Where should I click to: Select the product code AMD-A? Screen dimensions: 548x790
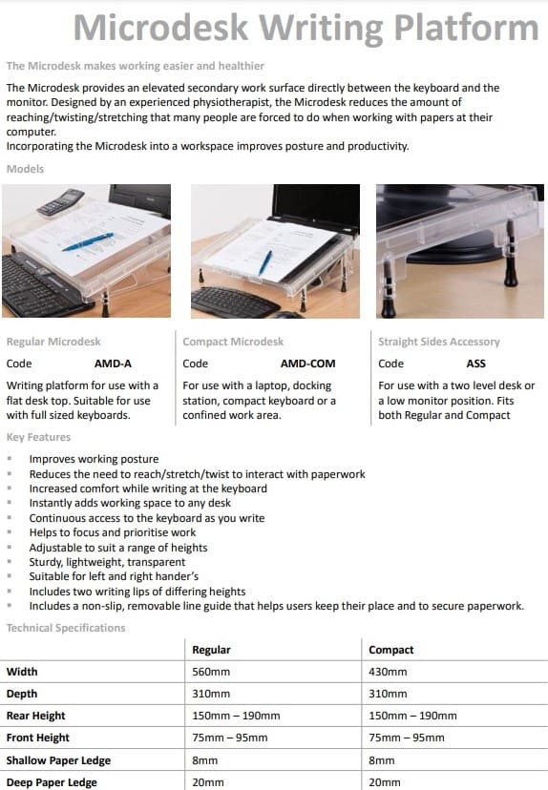(x=113, y=364)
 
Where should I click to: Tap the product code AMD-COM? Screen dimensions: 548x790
(x=307, y=364)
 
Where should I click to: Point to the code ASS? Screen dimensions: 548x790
(x=475, y=364)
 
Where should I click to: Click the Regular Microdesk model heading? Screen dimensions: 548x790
(x=53, y=342)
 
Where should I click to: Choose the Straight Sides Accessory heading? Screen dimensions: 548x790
(x=438, y=342)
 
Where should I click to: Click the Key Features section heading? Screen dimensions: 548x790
(x=38, y=437)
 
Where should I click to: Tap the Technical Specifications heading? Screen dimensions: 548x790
(x=66, y=628)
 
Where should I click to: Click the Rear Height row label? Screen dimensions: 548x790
(x=36, y=716)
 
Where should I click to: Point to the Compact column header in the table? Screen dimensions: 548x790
(x=390, y=650)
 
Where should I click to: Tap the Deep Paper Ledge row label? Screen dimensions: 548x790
(x=52, y=782)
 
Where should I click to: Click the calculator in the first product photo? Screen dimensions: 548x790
(x=61, y=202)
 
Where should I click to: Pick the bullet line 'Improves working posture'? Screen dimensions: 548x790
(x=94, y=459)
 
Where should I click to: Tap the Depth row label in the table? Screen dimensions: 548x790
(x=22, y=694)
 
